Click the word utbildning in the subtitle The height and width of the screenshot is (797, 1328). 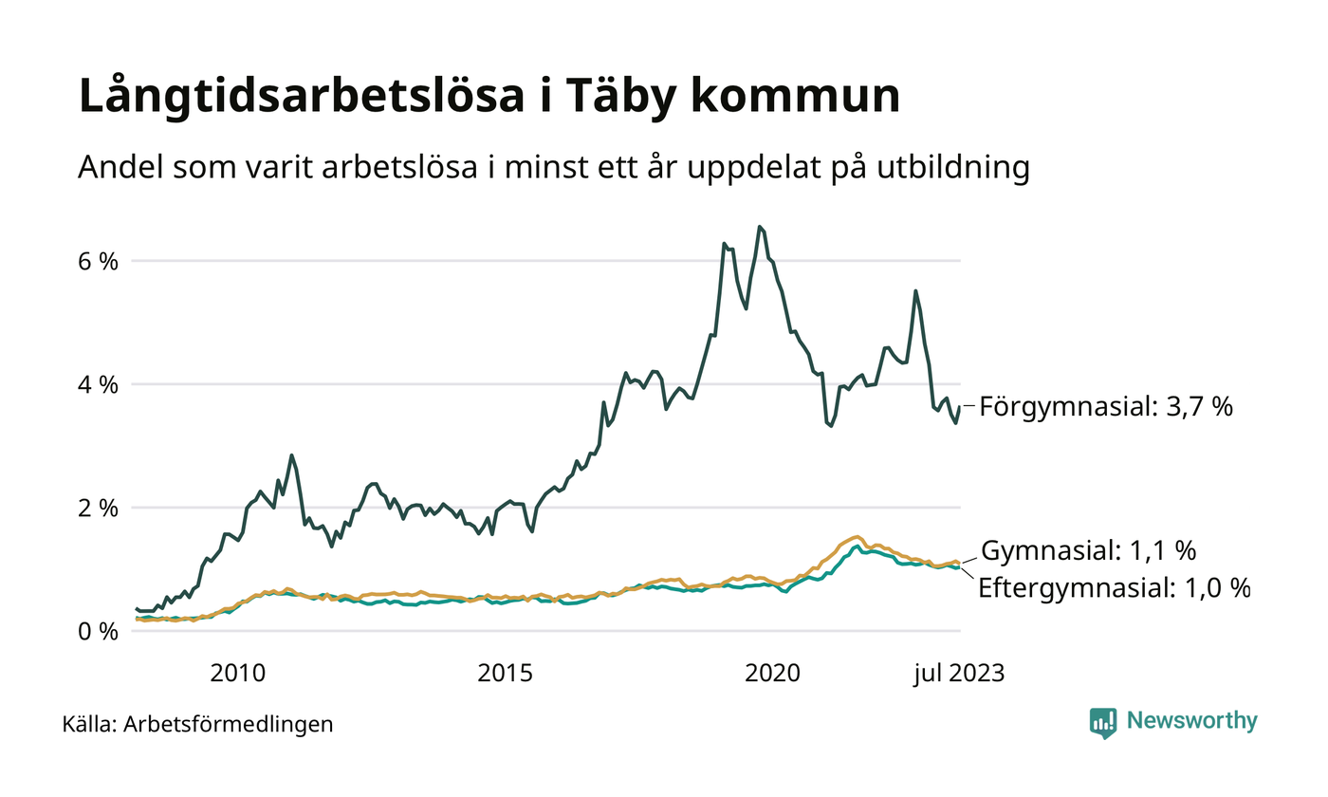point(950,168)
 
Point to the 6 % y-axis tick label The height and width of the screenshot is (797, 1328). point(98,261)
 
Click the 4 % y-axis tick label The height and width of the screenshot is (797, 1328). point(98,384)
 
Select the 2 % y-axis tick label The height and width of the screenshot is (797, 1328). point(98,508)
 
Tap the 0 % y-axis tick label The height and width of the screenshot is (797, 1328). point(98,631)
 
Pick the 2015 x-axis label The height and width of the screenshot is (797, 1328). point(506,674)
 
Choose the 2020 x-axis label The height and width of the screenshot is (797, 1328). point(774,674)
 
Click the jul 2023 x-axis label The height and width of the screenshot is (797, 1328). point(958,674)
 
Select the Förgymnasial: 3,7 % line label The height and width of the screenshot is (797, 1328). point(1106,407)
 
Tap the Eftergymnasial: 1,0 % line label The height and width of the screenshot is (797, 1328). point(1114,587)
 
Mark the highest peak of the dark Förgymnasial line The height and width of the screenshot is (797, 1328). point(760,227)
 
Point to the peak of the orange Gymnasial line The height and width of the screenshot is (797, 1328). point(857,537)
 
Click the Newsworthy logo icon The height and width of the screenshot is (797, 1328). point(1103,722)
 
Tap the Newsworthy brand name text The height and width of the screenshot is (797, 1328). point(1191,721)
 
